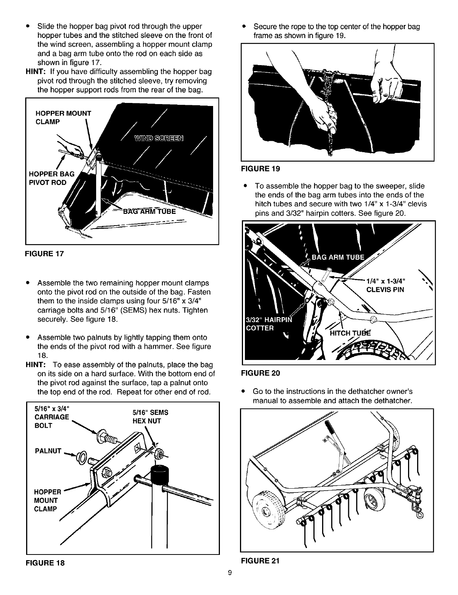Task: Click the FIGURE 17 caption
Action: (45, 254)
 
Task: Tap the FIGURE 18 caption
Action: (45, 563)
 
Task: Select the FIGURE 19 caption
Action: (260, 169)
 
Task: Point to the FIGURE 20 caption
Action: (260, 373)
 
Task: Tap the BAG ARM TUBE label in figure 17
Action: (150, 211)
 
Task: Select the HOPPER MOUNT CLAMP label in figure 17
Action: (63, 117)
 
